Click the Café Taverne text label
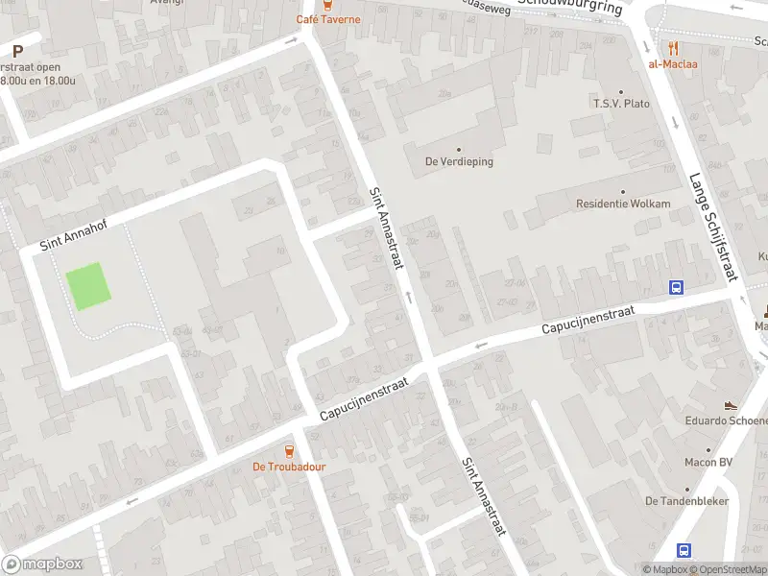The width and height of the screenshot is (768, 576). click(x=328, y=19)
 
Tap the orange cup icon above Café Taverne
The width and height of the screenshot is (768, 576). click(x=328, y=4)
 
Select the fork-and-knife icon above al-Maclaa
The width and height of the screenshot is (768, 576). click(x=673, y=47)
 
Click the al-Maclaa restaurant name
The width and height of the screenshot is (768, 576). click(x=673, y=64)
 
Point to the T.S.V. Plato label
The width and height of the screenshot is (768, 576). click(x=621, y=104)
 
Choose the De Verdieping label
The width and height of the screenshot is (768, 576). click(x=459, y=161)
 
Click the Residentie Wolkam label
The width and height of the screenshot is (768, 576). click(x=622, y=204)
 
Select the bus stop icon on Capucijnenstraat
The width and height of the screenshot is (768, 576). click(x=677, y=287)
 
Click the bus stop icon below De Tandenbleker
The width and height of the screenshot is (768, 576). click(x=684, y=551)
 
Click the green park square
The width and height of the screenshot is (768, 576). click(x=86, y=286)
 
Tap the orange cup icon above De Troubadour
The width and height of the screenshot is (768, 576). click(x=289, y=450)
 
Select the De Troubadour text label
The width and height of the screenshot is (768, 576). click(x=289, y=467)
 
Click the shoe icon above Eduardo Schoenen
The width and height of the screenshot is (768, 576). click(x=732, y=405)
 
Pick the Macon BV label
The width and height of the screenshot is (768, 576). click(x=709, y=462)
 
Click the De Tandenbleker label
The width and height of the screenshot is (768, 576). click(x=686, y=501)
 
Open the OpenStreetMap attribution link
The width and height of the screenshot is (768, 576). click(x=725, y=569)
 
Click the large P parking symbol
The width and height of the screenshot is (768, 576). click(x=17, y=50)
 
